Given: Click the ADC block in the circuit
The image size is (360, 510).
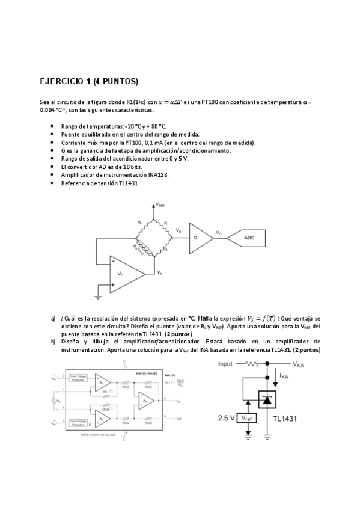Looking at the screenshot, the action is coord(249,238).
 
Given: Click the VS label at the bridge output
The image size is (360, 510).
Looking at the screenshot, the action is coord(178,230).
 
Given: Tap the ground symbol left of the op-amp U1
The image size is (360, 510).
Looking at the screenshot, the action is coord(98,296).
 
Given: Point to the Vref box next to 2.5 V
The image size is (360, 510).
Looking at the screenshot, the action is coord(246,417).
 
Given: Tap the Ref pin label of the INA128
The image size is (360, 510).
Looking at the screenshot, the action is coord(178,417).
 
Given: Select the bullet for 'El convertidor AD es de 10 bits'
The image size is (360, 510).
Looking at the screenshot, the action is coord(53,166).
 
